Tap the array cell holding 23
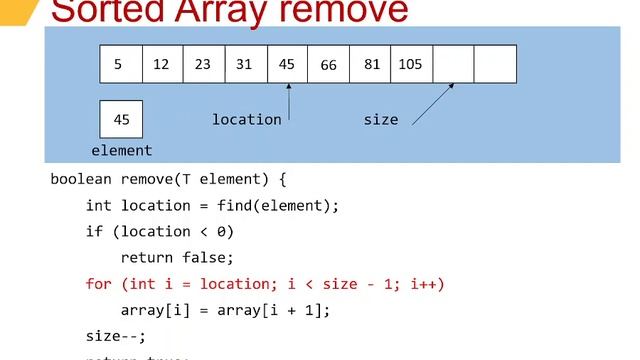pyautogui.click(x=204, y=64)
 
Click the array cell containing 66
pyautogui.click(x=329, y=64)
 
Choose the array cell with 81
pyautogui.click(x=371, y=64)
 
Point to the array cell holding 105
pyautogui.click(x=411, y=64)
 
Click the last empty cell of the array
pyautogui.click(x=495, y=64)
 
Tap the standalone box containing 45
pyautogui.click(x=121, y=119)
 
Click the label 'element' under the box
pyautogui.click(x=121, y=150)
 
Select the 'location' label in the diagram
pyautogui.click(x=246, y=119)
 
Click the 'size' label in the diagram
pyautogui.click(x=380, y=119)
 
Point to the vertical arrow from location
pyautogui.click(x=289, y=102)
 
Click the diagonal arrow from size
pyautogui.click(x=433, y=104)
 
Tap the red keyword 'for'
pyautogui.click(x=99, y=284)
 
